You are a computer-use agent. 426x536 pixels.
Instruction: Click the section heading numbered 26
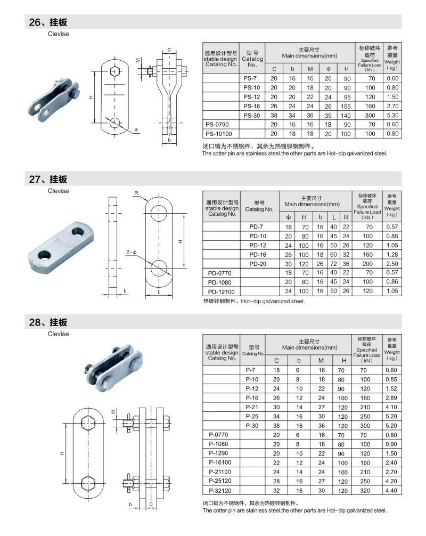tap(48, 22)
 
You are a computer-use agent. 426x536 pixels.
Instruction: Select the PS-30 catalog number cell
tap(251, 115)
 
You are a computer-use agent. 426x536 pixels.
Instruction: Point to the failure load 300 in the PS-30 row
tap(371, 115)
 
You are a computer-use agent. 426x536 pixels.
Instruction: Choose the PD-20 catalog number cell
tap(257, 264)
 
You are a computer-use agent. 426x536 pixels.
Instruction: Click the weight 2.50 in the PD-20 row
tap(392, 264)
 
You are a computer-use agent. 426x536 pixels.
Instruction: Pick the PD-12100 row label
tap(221, 291)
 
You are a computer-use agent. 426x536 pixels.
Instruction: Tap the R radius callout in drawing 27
tap(136, 192)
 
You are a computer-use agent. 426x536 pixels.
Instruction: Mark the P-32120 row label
tap(220, 490)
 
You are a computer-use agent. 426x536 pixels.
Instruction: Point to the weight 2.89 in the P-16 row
tap(391, 398)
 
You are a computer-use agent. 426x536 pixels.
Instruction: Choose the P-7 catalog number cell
tap(251, 370)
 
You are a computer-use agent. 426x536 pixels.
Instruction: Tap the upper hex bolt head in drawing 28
tap(88, 424)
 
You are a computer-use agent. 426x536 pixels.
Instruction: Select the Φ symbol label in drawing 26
tap(136, 130)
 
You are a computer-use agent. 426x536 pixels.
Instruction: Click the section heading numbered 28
tap(48, 322)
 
